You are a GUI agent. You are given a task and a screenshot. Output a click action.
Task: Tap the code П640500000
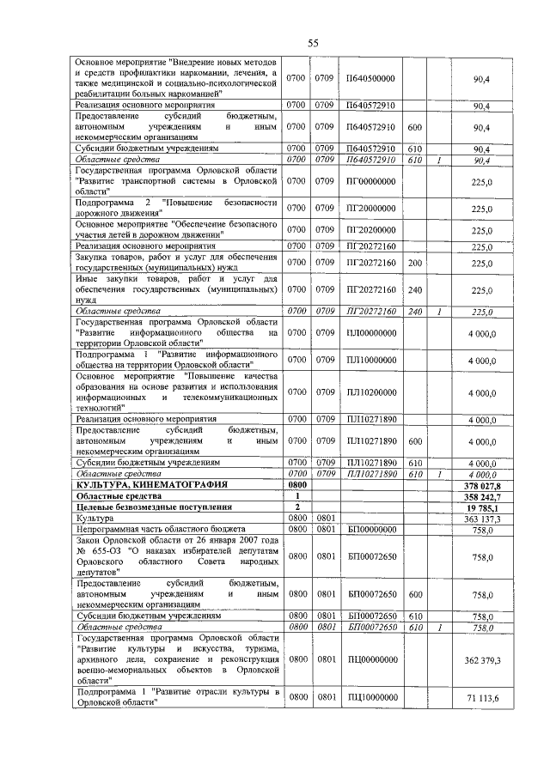point(370,78)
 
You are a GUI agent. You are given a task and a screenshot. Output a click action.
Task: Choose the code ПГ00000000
point(370,182)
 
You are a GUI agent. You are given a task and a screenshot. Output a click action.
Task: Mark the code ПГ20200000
point(370,230)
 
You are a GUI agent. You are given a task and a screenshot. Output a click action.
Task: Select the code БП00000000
point(370,530)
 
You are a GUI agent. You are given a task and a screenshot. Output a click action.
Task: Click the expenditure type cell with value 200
point(414,263)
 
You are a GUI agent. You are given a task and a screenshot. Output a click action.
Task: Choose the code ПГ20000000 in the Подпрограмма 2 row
point(370,209)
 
